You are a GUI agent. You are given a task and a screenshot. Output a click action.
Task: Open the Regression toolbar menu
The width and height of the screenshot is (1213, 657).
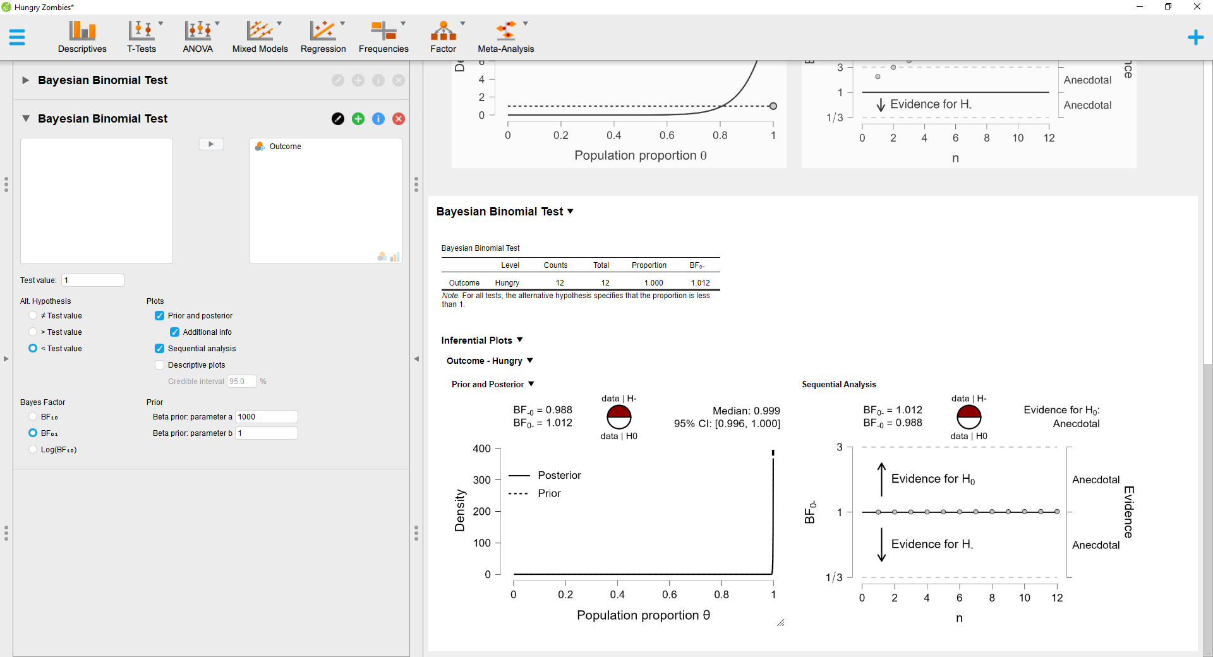click(x=323, y=37)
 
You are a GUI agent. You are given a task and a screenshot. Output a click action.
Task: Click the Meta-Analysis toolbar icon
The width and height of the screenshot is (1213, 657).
click(x=505, y=37)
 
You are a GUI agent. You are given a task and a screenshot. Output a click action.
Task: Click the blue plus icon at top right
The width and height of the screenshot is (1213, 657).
click(x=1195, y=37)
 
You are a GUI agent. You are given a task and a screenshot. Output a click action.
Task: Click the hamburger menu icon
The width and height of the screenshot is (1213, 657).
click(x=17, y=37)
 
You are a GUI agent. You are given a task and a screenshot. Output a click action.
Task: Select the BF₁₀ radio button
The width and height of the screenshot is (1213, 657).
click(x=33, y=417)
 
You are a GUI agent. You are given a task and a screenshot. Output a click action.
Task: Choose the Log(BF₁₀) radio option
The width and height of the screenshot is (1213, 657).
click(x=33, y=450)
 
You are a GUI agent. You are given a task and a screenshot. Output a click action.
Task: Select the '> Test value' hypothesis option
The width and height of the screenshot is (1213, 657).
click(x=33, y=332)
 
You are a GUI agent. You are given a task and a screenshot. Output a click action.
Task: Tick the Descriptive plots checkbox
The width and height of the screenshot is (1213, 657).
click(x=160, y=365)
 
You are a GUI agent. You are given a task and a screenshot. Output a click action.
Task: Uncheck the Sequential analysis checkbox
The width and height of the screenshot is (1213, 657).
click(x=160, y=349)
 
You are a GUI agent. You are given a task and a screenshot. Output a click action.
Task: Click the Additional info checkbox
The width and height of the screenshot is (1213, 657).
click(x=175, y=332)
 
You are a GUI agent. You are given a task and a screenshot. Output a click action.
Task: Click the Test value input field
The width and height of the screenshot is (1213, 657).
click(x=93, y=280)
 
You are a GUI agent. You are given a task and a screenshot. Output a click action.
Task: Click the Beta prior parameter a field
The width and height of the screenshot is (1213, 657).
click(x=266, y=417)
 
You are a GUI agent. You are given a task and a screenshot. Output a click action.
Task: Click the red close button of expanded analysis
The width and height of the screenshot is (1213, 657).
click(x=399, y=119)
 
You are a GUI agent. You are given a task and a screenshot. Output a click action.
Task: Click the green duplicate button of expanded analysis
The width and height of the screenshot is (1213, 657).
click(x=358, y=119)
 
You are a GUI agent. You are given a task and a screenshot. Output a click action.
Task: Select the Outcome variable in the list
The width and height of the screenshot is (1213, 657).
click(x=285, y=147)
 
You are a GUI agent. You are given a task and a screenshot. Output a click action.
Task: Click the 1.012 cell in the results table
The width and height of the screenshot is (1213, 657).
click(x=700, y=283)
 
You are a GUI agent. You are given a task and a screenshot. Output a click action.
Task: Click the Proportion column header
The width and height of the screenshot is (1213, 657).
click(x=649, y=265)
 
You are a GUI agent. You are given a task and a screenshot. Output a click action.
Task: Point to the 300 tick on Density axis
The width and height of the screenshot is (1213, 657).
click(x=481, y=480)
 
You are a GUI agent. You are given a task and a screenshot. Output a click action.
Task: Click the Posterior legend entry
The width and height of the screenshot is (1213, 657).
click(x=559, y=475)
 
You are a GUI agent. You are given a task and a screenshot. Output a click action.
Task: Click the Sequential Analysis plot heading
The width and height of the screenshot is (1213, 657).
click(x=838, y=384)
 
